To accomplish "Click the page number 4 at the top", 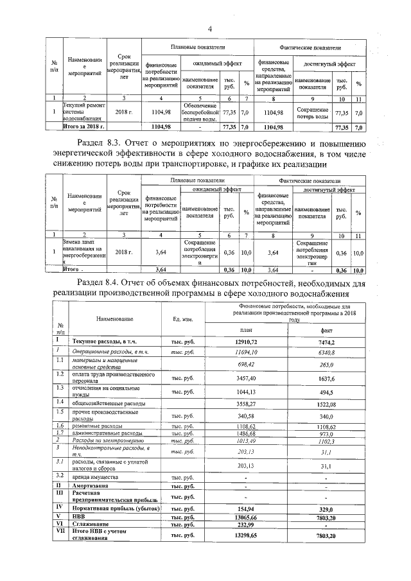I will pos(209,29).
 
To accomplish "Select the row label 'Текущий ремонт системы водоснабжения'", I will pos(83,112).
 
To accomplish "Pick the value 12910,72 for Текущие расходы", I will pos(247,342).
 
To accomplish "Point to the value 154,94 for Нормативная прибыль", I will pos(247,507).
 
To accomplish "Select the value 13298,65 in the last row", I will pos(247,534).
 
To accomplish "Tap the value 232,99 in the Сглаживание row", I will pos(247,525).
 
